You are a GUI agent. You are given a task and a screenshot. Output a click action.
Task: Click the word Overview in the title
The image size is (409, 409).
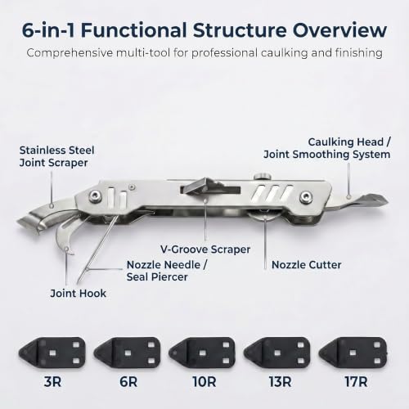[339, 30]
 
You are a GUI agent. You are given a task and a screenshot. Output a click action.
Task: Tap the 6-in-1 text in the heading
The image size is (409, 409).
[48, 30]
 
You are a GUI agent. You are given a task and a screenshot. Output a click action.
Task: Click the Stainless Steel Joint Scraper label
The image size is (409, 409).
[56, 156]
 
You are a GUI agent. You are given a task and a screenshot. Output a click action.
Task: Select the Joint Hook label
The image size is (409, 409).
[78, 294]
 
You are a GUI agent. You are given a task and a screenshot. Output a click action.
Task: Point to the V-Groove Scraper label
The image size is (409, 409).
[205, 249]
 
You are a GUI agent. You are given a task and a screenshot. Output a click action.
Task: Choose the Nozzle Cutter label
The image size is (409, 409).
[306, 265]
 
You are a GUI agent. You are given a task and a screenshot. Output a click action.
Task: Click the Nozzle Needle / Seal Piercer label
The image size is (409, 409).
[167, 271]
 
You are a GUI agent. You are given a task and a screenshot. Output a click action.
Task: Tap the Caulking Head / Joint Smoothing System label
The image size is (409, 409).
[327, 148]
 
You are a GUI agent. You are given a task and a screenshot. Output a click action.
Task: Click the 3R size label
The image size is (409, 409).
[52, 382]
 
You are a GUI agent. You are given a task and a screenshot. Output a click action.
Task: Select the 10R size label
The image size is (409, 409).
[204, 382]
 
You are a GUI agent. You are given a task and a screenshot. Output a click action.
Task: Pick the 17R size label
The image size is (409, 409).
[356, 382]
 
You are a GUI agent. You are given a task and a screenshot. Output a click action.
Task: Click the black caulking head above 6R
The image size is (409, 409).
[127, 353]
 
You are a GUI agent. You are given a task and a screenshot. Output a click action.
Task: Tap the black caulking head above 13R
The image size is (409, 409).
[277, 353]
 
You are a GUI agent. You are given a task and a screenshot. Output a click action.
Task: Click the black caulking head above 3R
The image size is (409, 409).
[52, 353]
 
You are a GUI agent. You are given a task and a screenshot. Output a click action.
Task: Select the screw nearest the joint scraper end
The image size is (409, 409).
[95, 196]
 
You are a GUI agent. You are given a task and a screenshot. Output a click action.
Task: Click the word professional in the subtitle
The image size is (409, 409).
[224, 53]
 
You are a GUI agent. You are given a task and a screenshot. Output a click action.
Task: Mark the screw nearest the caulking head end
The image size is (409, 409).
[306, 196]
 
